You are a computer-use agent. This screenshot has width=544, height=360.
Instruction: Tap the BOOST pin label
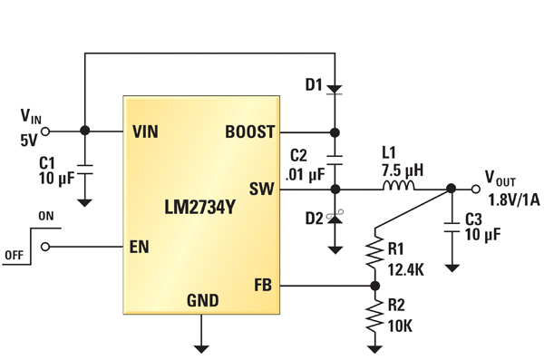[x=249, y=131]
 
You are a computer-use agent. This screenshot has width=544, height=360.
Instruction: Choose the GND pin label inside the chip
[x=202, y=300]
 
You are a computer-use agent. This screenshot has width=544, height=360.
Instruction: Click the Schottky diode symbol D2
[x=335, y=219]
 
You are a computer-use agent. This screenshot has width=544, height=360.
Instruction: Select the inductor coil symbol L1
[x=400, y=189]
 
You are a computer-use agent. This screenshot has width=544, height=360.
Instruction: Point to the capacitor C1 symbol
[x=84, y=168]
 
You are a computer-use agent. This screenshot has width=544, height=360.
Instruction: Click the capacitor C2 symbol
[x=335, y=160]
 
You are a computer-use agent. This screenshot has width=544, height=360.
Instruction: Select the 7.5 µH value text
[x=400, y=170]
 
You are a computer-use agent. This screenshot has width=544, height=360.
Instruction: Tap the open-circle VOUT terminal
[x=473, y=190]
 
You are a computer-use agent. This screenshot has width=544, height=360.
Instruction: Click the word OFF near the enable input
[x=14, y=255]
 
